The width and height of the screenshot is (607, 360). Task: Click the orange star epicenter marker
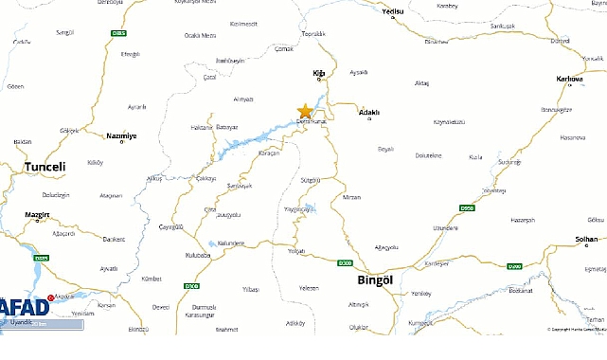[x=305, y=111]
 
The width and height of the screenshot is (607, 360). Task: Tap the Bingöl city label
[x=361, y=279]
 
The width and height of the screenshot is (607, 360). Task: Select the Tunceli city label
[x=45, y=167]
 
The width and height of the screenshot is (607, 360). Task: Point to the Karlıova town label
[x=570, y=79]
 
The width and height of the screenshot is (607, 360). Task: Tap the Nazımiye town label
[x=121, y=135]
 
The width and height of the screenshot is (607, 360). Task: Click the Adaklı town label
[x=368, y=112]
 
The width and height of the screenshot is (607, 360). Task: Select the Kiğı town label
[x=319, y=72]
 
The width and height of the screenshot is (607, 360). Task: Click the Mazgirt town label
[x=36, y=216]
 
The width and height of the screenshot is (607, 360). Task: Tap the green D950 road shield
[x=467, y=207]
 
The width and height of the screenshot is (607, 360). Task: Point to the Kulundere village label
[x=231, y=243]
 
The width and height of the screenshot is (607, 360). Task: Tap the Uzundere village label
[x=445, y=227]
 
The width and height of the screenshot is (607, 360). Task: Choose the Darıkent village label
[x=114, y=239]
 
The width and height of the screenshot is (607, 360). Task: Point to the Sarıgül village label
[x=64, y=31]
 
